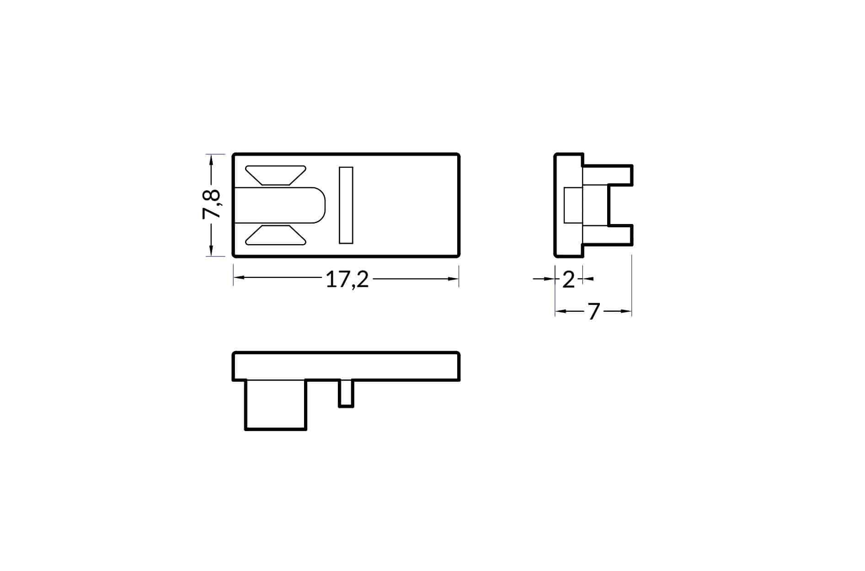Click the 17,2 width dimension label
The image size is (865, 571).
click(347, 279)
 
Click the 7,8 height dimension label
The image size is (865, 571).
click(212, 204)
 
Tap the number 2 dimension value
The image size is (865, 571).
click(568, 279)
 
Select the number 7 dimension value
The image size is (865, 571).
click(593, 312)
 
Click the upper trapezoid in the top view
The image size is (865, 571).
click(276, 175)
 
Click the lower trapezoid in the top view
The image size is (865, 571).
click(276, 235)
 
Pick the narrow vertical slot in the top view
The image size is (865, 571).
click(346, 205)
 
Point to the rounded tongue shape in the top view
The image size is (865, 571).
click(280, 205)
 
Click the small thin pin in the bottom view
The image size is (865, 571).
click(346, 393)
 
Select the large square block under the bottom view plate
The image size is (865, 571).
click(276, 405)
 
